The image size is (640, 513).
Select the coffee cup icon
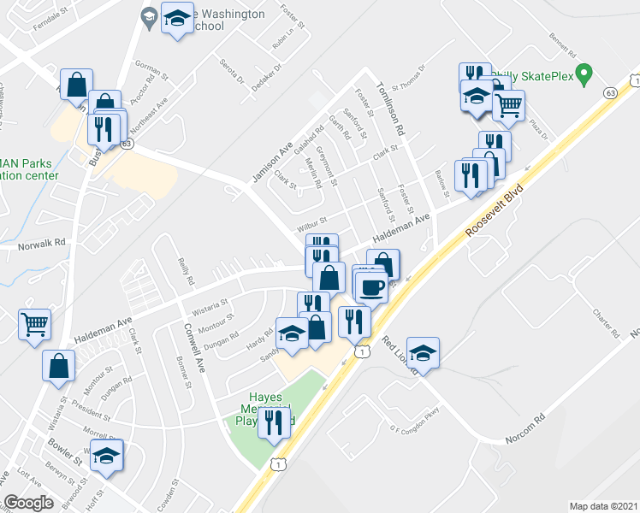pos(370,287)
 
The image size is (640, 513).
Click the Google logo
pos(28,502)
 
